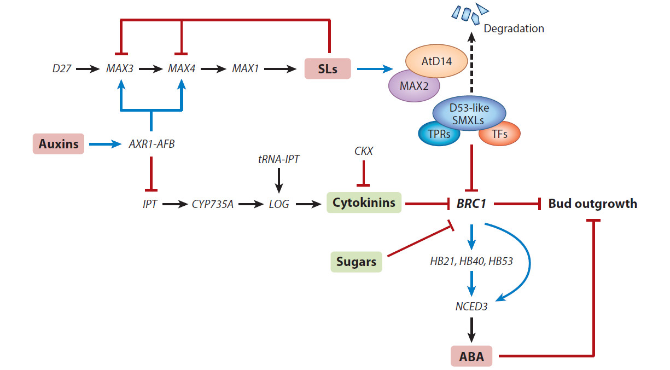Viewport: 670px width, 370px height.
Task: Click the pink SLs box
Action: pos(327,70)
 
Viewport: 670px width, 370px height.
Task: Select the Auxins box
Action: pos(59,144)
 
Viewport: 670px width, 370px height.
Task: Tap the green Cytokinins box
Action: pos(364,204)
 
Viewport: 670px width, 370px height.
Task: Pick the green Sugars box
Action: pos(356,262)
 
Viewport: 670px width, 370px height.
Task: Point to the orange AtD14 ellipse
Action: pos(436,62)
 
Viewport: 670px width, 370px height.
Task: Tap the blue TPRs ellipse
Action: pos(439,134)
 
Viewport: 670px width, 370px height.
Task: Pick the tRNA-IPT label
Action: pos(278,159)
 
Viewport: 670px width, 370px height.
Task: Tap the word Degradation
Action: pos(514,28)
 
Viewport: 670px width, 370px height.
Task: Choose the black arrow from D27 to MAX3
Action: pos(86,70)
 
